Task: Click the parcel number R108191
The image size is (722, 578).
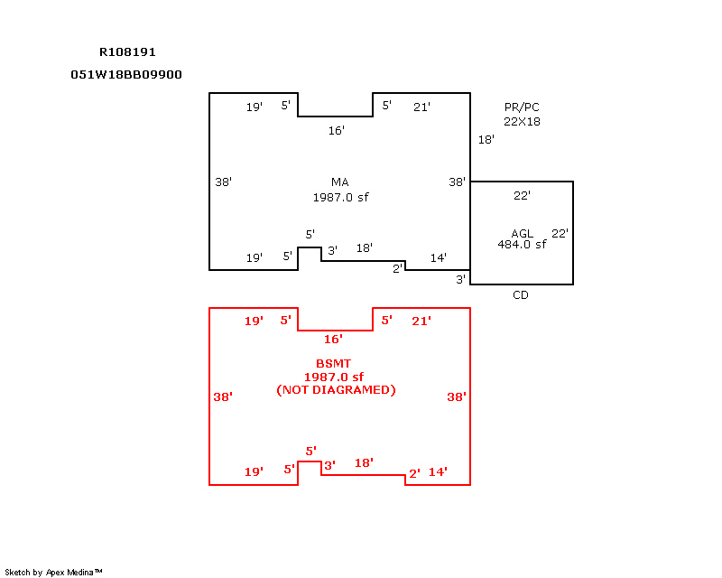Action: coord(127,52)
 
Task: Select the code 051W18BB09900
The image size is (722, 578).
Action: coord(126,75)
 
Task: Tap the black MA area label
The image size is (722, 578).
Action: coord(340,182)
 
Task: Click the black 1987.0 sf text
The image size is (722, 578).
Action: coord(341,197)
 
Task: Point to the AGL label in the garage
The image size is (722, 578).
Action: coord(523,234)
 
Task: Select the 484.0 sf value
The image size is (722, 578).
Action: coord(522,244)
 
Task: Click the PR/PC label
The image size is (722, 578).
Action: coord(522,107)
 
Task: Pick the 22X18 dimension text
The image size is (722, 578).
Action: coord(522,122)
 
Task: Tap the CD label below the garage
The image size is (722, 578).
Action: coord(521,295)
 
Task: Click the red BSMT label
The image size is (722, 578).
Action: coord(333,364)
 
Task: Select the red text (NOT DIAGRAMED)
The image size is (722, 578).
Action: coord(336,390)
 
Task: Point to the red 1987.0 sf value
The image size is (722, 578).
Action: coord(334,377)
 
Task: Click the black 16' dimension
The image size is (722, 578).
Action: coord(336,131)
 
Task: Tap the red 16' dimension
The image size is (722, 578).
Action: coord(333,340)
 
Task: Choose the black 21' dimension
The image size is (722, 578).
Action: coord(421,107)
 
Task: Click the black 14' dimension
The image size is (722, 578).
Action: coord(439,257)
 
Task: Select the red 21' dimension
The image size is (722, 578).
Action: coord(421,321)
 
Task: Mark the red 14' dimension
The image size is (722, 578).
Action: coord(438,472)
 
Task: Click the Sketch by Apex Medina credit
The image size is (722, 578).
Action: coord(53,573)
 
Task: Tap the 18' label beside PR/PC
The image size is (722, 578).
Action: coord(486,140)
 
